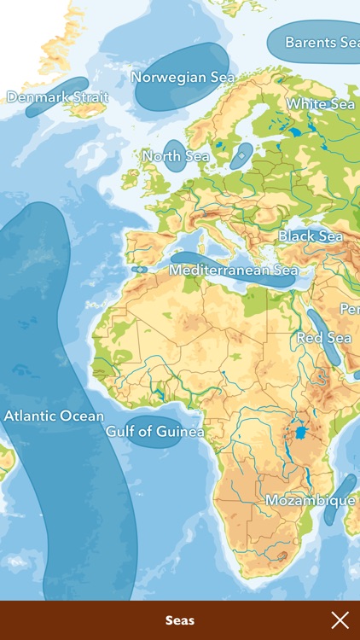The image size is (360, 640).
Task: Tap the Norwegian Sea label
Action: click(x=183, y=77)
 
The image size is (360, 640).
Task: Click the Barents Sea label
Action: click(x=322, y=42)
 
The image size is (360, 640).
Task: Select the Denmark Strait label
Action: click(x=57, y=97)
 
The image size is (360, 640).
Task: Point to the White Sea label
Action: click(x=320, y=104)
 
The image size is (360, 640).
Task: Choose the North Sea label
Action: click(x=176, y=156)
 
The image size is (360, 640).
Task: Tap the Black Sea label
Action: click(x=311, y=236)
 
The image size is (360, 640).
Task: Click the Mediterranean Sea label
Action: click(x=233, y=270)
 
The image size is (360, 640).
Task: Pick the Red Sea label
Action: click(x=324, y=338)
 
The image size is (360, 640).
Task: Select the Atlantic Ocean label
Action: click(x=54, y=416)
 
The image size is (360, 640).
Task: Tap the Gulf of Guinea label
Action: click(x=154, y=432)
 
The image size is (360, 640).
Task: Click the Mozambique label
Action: click(x=310, y=500)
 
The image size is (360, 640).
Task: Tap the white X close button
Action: click(x=340, y=620)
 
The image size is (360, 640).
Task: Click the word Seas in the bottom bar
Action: click(x=180, y=620)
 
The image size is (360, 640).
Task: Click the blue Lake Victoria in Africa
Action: click(x=300, y=433)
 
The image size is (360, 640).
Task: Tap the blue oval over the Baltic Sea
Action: click(x=242, y=154)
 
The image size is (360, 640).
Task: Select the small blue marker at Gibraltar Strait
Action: click(x=139, y=270)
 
